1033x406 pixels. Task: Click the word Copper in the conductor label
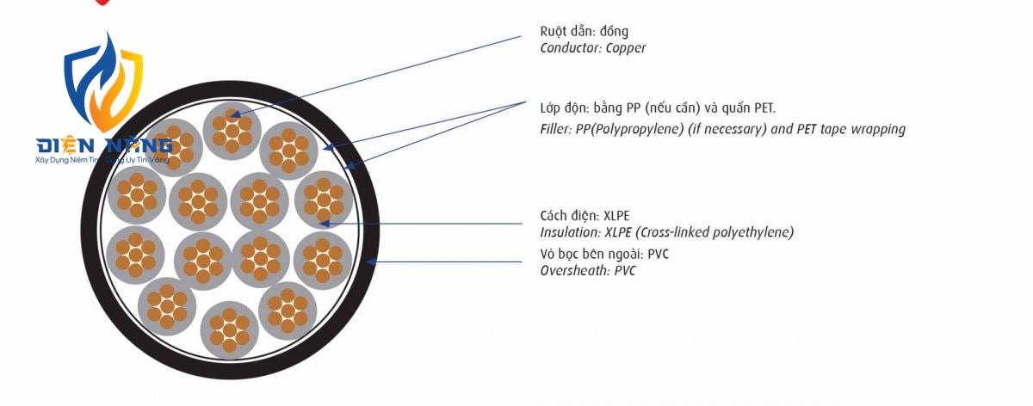click(625, 48)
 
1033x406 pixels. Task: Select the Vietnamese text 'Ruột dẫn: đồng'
click(584, 32)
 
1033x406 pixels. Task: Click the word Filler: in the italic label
click(556, 129)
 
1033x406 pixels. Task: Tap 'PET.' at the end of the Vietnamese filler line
click(765, 108)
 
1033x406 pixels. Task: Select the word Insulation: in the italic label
click(570, 232)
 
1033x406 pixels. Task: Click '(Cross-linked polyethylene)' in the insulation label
click(714, 232)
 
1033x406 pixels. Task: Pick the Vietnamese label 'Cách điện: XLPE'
click(585, 216)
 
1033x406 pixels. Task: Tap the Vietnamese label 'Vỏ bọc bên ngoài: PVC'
click(604, 254)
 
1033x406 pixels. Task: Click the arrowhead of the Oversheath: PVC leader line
click(368, 261)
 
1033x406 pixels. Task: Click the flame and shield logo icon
click(103, 82)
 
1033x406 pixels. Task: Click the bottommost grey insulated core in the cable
click(229, 330)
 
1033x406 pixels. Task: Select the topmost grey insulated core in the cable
click(232, 131)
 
